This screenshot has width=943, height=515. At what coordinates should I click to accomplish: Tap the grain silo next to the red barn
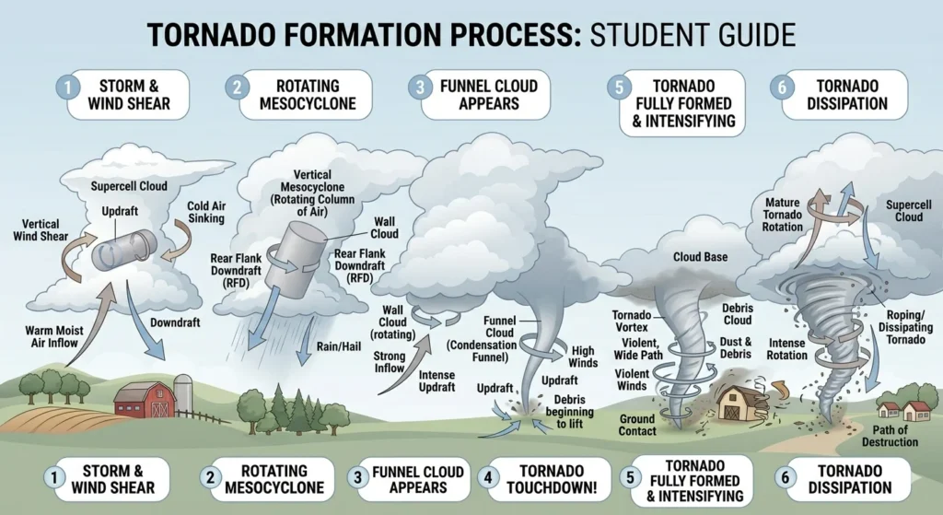(184, 394)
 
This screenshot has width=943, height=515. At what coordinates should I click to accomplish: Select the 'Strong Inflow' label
(389, 362)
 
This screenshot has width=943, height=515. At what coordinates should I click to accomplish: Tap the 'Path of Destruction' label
(891, 436)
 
